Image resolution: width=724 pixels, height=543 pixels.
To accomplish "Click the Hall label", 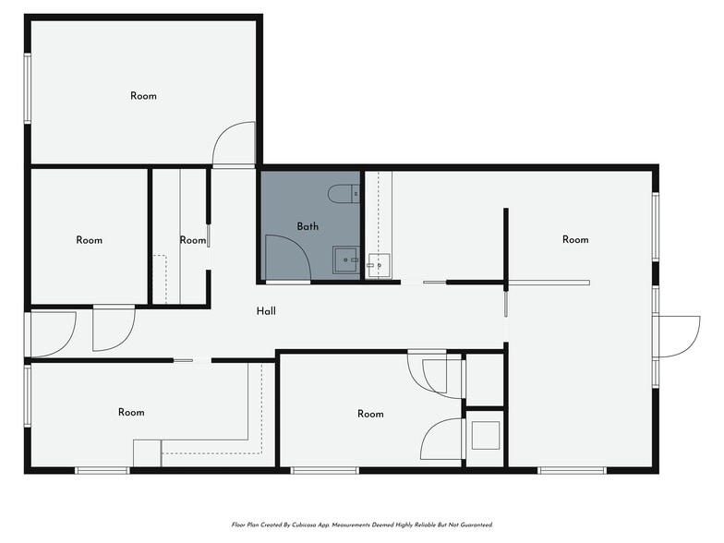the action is point(266,311).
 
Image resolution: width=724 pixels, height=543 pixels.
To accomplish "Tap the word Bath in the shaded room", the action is point(308,226).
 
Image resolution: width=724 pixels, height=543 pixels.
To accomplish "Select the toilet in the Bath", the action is point(344,194).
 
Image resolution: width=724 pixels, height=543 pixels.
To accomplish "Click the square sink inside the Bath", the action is point(345,260).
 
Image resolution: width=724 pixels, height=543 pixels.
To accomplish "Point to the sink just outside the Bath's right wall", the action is point(379,266).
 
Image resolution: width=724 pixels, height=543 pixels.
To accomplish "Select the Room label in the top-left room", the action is point(143,96).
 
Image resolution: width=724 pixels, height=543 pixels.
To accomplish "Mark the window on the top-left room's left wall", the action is point(28,89).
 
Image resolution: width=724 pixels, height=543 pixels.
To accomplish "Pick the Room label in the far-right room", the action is point(575,240).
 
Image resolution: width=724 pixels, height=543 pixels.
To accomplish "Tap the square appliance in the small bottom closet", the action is point(485,436).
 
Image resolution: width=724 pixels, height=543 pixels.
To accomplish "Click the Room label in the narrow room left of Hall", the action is point(192,240).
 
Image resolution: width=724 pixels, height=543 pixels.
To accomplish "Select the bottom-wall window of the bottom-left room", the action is point(103,471).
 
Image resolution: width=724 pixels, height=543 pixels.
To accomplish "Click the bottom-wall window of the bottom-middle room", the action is point(325,471).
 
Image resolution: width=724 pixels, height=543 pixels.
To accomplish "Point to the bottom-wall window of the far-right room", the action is point(573,471).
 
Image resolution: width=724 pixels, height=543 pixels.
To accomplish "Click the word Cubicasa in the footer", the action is point(305,525).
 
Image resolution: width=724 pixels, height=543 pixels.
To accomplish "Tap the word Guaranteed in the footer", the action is point(478,525).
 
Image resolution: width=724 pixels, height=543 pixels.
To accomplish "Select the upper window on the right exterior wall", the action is point(656,226).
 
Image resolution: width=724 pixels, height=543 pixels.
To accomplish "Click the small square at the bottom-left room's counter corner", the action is point(148,453).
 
